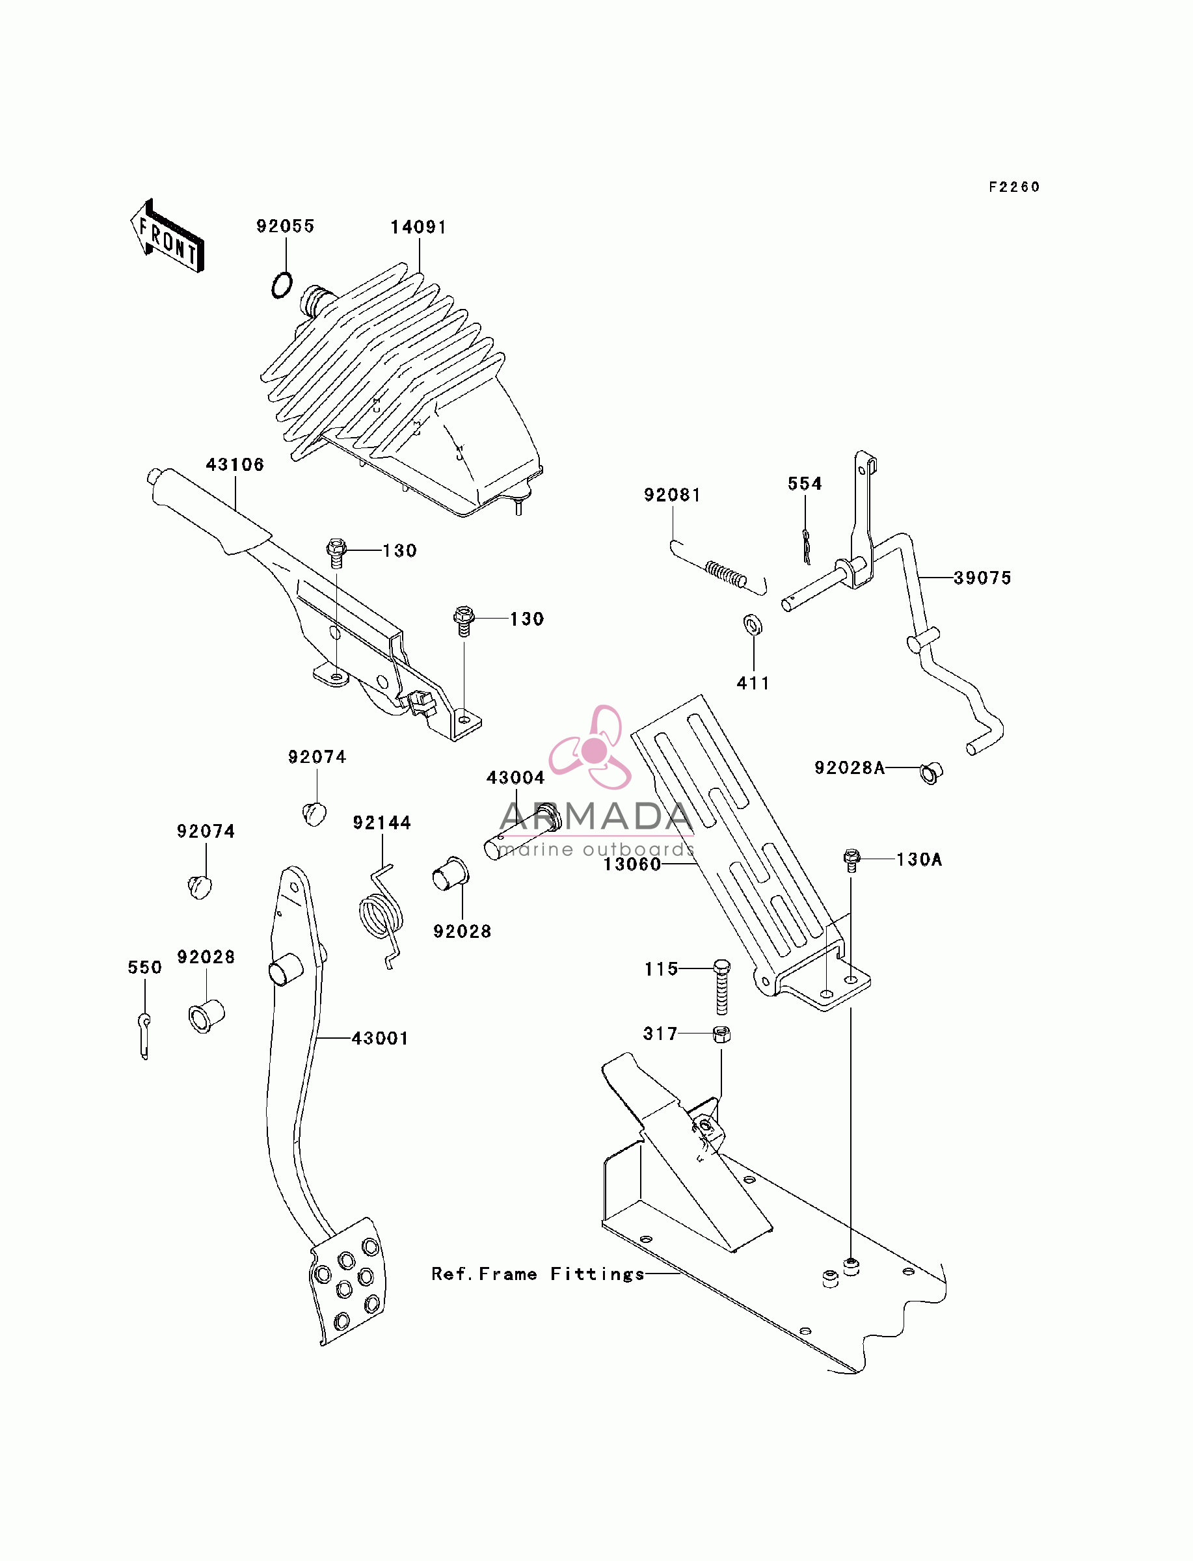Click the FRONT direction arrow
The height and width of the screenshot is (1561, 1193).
point(167,236)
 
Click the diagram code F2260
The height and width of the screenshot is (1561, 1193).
point(1014,187)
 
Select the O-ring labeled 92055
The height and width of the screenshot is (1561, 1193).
point(282,285)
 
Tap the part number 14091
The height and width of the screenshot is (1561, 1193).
point(418,227)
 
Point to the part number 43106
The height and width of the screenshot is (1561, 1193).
point(235,464)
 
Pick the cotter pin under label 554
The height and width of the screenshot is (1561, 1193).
point(806,546)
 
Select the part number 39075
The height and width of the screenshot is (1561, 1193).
point(983,578)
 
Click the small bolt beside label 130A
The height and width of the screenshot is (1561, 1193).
point(851,861)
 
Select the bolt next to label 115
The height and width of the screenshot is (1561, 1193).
point(721,987)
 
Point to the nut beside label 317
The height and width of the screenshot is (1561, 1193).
point(721,1034)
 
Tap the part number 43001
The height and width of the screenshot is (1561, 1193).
point(381,1038)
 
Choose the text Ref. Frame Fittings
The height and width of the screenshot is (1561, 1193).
point(538,1274)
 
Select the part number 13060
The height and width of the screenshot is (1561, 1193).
point(632,864)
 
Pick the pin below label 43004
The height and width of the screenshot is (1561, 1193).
point(524,832)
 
